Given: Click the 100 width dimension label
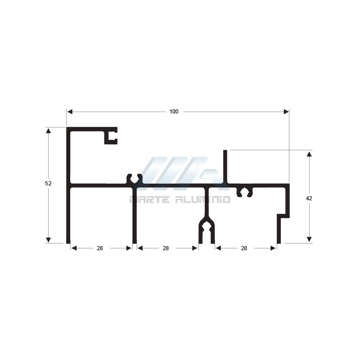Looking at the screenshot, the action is click(x=174, y=112).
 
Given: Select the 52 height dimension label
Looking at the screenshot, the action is click(x=48, y=184).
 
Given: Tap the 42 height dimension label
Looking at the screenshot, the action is click(x=309, y=198).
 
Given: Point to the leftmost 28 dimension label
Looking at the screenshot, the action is click(x=100, y=248).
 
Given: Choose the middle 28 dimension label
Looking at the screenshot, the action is click(x=166, y=248).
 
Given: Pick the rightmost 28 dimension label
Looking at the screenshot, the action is click(x=244, y=248).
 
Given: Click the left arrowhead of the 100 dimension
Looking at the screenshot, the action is click(x=70, y=112).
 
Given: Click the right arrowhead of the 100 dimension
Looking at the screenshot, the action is click(x=286, y=112).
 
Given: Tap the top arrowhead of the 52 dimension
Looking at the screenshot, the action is click(x=48, y=130).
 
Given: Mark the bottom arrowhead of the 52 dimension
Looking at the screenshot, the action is click(x=48, y=240).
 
